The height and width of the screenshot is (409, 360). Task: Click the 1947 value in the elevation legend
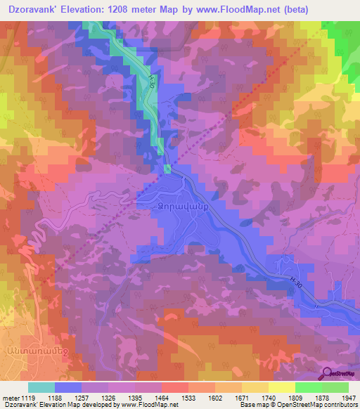coord(340,397)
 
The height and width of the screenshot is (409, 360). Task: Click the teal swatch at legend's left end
coord(41,387)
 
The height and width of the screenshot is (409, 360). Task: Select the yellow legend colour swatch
coord(281,387)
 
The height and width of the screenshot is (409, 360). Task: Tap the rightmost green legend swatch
coord(335,387)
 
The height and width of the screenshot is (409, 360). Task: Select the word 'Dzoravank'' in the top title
coord(32,10)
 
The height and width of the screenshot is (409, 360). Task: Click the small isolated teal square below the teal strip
coord(167,168)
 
